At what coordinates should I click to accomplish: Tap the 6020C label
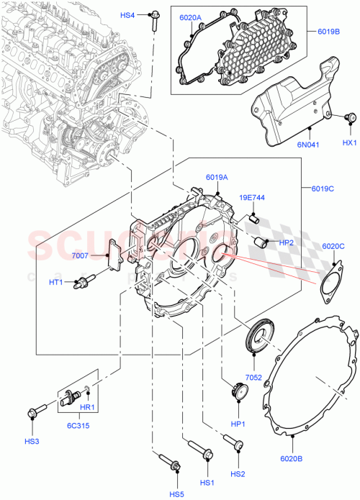333,246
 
